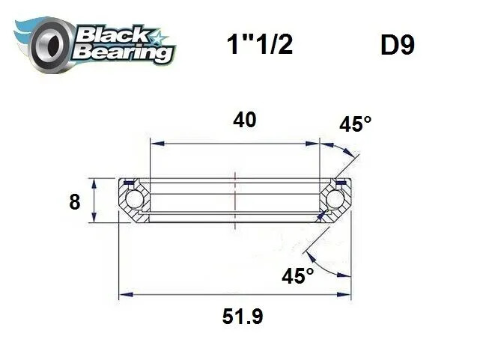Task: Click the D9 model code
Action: tap(398, 46)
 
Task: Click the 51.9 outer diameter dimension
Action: tap(242, 317)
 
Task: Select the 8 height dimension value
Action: tap(74, 202)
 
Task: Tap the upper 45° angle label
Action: tap(355, 124)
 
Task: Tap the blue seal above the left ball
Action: tap(130, 182)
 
